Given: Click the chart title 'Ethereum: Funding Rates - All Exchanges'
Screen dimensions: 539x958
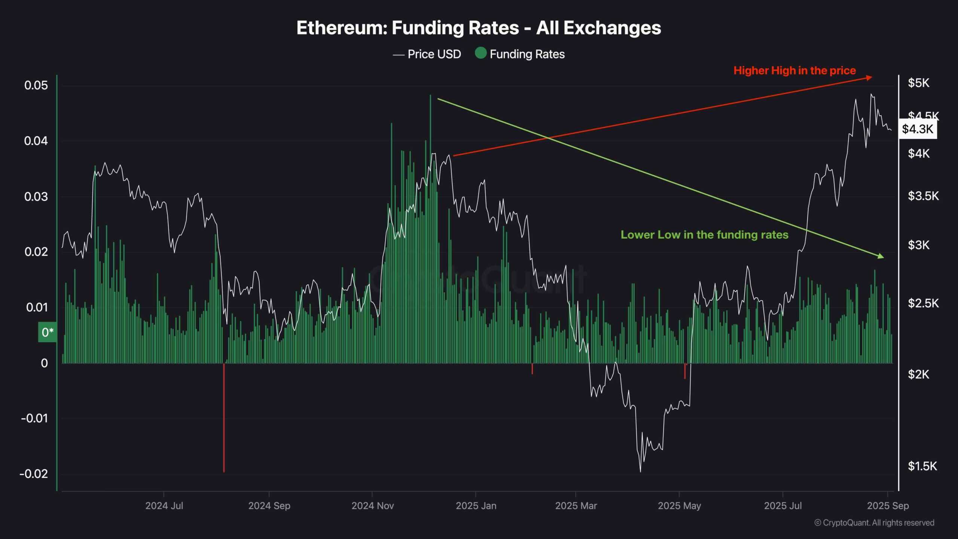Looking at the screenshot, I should pyautogui.click(x=479, y=28).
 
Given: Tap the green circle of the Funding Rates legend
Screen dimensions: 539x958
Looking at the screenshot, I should pyautogui.click(x=480, y=53).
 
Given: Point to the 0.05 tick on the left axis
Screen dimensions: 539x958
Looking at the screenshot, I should pyautogui.click(x=36, y=85).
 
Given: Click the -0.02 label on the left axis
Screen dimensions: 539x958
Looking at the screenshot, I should pyautogui.click(x=34, y=474).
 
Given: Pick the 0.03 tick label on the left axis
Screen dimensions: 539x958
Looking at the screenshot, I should pyautogui.click(x=36, y=197).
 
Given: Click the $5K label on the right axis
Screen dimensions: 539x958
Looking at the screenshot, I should pyautogui.click(x=918, y=83).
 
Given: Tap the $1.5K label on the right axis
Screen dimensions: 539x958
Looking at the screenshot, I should pyautogui.click(x=922, y=466).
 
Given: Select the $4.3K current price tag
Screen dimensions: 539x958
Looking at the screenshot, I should pyautogui.click(x=917, y=129).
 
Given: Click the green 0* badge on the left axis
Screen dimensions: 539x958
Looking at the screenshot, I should pyautogui.click(x=48, y=332).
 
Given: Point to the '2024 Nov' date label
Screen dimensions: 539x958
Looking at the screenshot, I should pyautogui.click(x=372, y=506).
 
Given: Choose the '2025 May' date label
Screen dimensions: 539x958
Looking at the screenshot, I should pyautogui.click(x=679, y=506).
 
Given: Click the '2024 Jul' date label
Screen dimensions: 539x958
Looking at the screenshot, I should pyautogui.click(x=164, y=506).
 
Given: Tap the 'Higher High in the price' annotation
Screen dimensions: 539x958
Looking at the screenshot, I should pyautogui.click(x=794, y=70).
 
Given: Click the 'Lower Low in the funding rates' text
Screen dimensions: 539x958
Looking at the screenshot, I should pyautogui.click(x=704, y=235).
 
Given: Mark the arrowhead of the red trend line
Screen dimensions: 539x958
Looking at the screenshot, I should pyautogui.click(x=869, y=77).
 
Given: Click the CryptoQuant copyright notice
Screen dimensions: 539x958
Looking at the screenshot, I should pyautogui.click(x=874, y=523).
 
